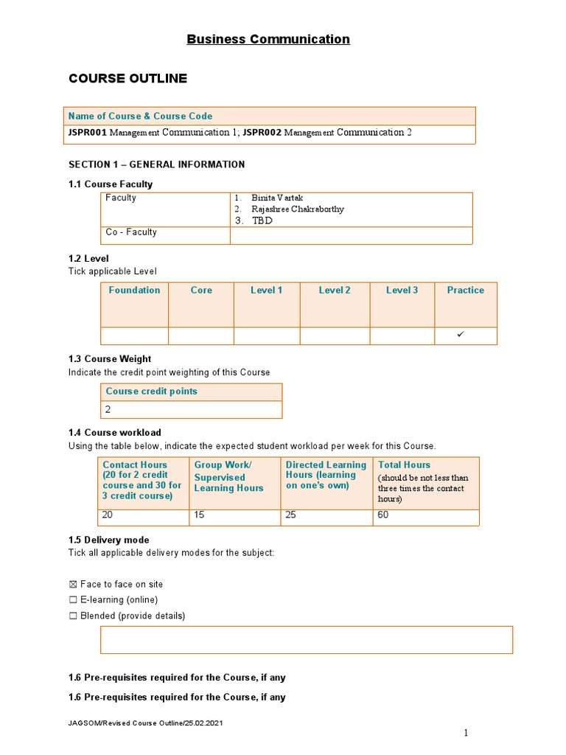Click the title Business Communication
(268, 39)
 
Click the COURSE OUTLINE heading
(127, 78)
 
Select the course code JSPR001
(88, 133)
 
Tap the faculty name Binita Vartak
(277, 198)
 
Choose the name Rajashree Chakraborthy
(297, 209)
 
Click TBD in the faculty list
(262, 220)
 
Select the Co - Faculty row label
(131, 232)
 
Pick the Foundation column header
(134, 290)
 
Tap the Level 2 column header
(335, 290)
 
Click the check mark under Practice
(461, 335)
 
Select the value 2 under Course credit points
(108, 409)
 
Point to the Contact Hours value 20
(109, 515)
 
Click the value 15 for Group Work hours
(200, 515)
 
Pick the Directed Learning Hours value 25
(291, 515)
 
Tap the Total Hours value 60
(384, 515)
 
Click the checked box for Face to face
(73, 585)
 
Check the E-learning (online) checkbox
(73, 600)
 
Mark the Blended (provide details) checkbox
(73, 616)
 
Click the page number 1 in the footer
(466, 732)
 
